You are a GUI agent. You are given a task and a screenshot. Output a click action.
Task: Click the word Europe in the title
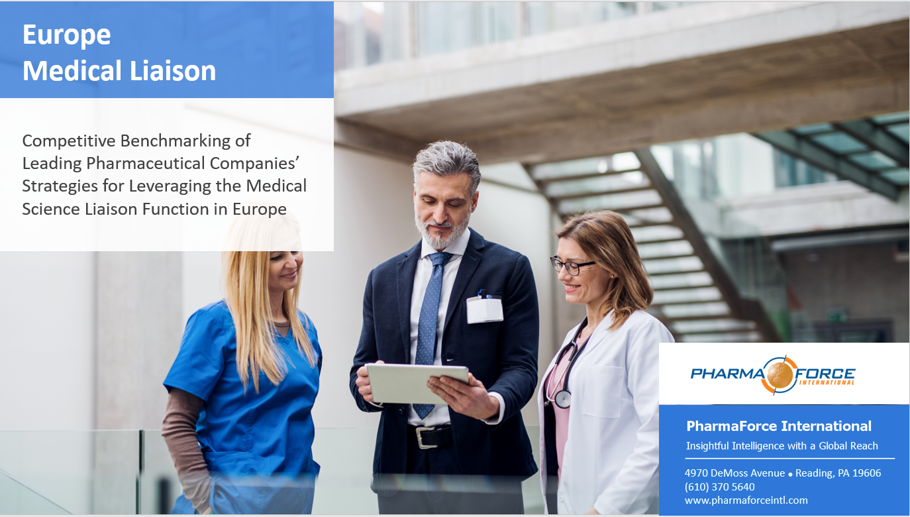[67, 35]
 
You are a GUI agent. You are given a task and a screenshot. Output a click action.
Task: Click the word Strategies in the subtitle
[60, 186]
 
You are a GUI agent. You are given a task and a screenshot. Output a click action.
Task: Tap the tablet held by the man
[417, 383]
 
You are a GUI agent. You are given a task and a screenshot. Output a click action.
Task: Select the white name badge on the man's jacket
[485, 310]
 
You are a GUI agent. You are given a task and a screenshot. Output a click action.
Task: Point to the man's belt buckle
[423, 437]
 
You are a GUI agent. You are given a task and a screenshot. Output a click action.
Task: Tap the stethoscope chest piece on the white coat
[563, 398]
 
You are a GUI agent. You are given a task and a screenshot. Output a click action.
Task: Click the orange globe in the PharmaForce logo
[778, 374]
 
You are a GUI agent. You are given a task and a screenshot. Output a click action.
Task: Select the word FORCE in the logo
[825, 373]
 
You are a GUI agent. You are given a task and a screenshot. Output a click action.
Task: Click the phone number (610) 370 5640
[719, 487]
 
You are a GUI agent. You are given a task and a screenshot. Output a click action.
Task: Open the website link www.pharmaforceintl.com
[746, 500]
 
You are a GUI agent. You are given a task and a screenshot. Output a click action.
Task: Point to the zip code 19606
[866, 473]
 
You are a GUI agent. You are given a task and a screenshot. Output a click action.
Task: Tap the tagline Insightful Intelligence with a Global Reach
[782, 446]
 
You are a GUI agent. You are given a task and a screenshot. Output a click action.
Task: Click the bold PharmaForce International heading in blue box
[779, 426]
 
